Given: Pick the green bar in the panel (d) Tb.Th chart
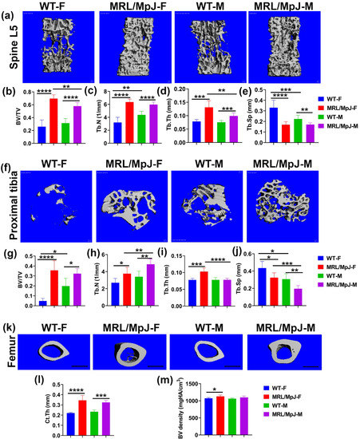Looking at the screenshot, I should coord(220,132).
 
